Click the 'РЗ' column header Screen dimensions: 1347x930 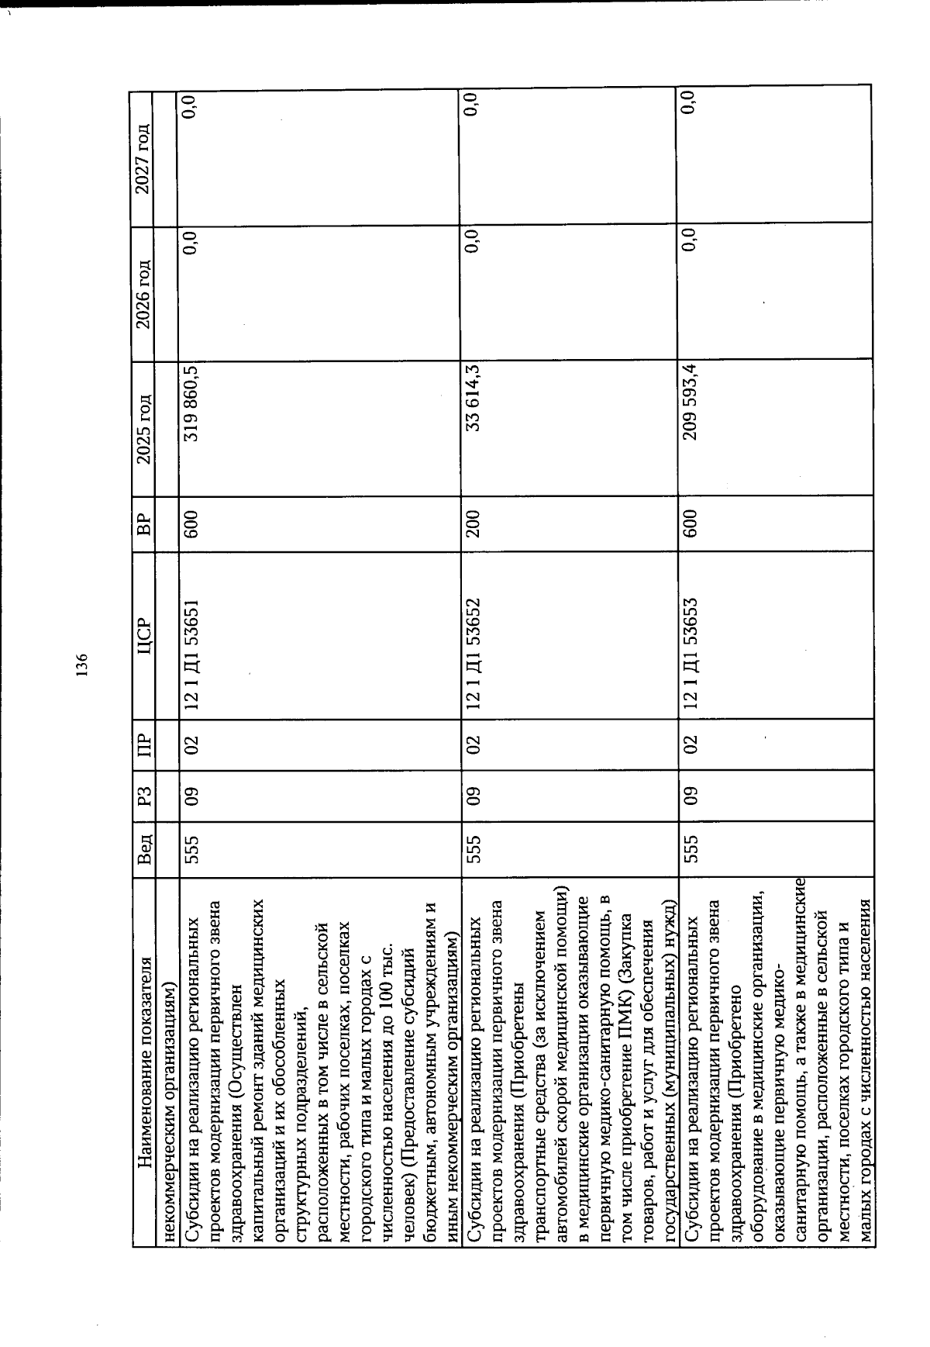(x=143, y=796)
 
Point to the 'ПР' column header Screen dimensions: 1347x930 (x=143, y=744)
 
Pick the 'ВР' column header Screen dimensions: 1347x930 (x=143, y=523)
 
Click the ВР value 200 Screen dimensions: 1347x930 (x=472, y=523)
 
